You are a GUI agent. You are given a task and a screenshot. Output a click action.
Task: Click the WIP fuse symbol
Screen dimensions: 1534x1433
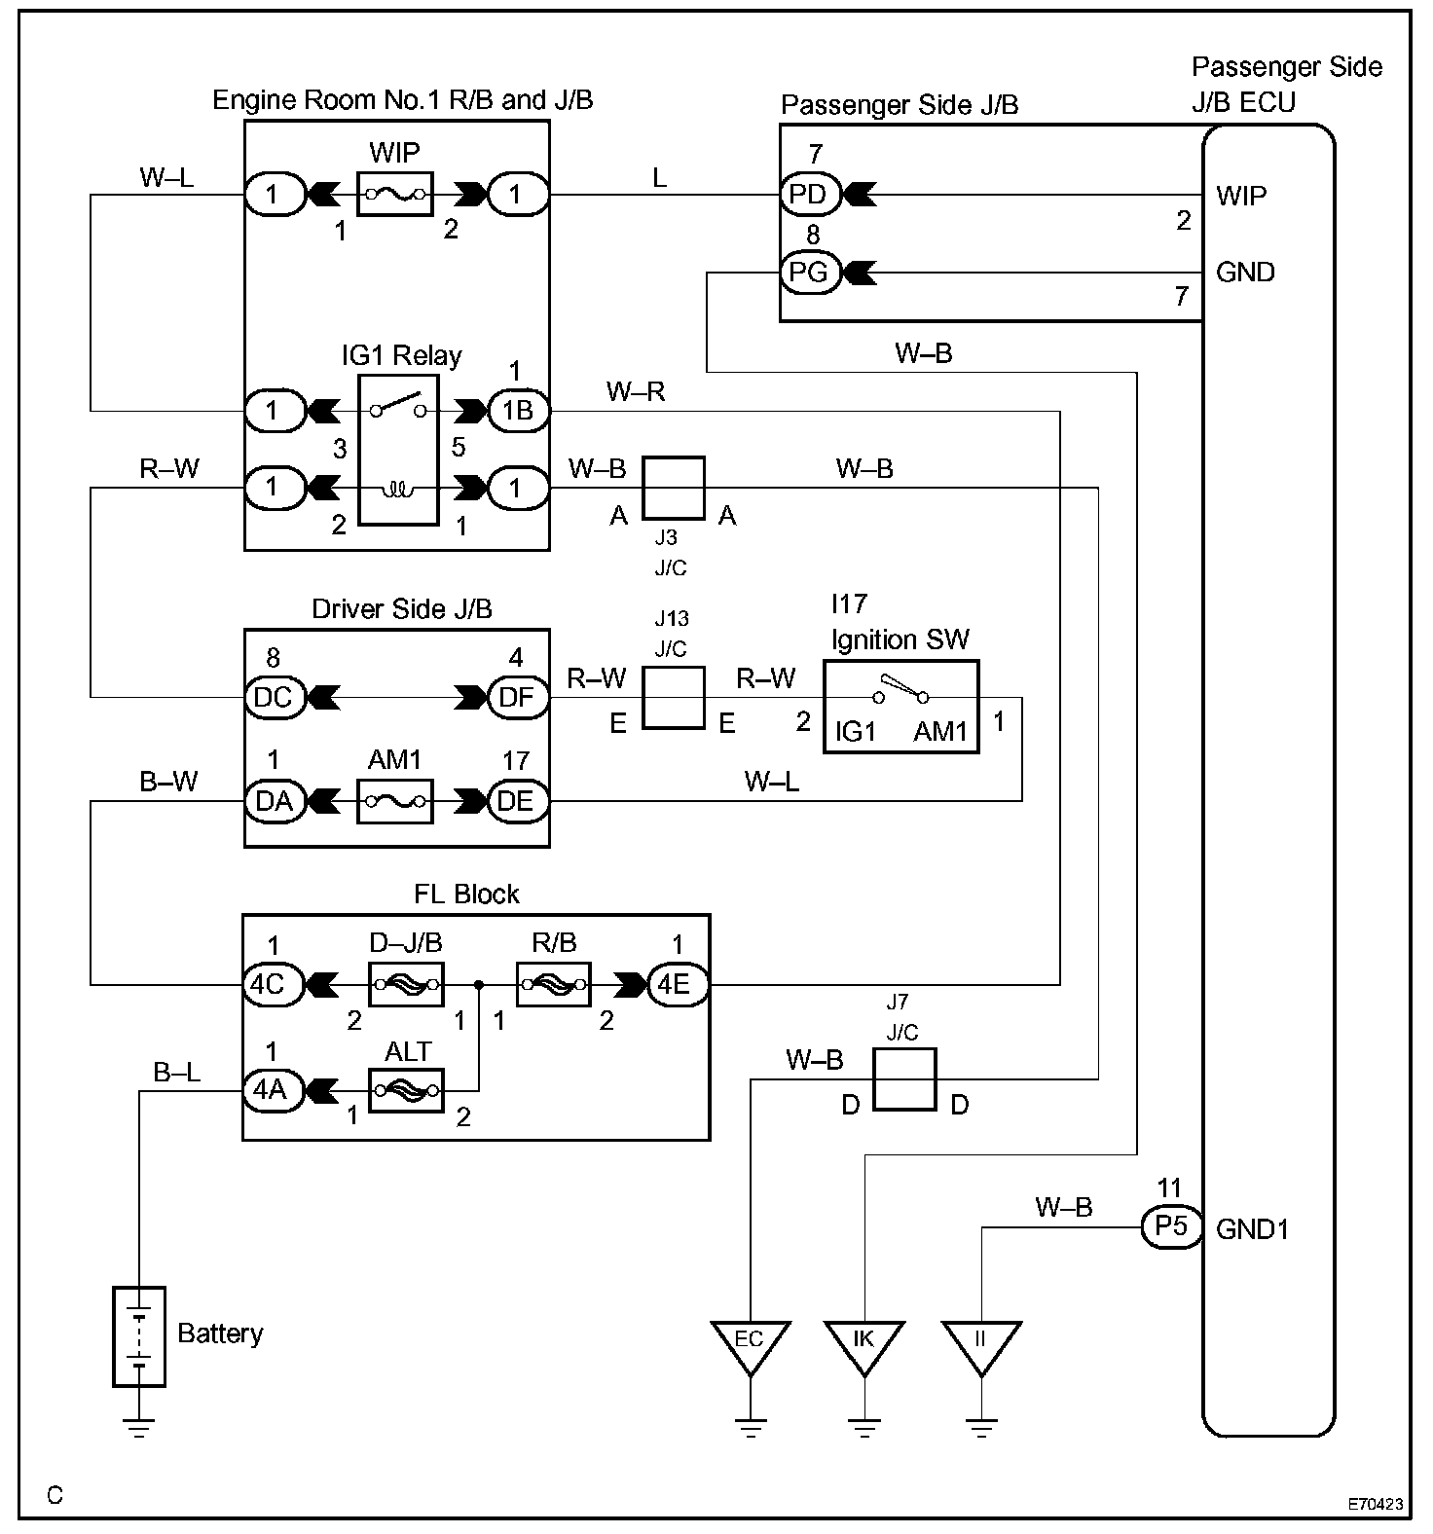tap(395, 195)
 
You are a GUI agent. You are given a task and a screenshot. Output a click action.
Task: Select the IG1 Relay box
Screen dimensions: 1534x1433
tap(399, 447)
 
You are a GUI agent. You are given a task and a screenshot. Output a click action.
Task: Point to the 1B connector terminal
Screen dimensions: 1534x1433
tap(517, 411)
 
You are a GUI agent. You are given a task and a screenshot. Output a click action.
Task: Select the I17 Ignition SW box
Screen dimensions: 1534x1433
tap(900, 707)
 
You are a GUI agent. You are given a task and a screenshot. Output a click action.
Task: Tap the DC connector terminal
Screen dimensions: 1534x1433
tap(274, 697)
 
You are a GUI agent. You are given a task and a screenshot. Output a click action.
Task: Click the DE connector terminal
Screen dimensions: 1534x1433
tap(517, 801)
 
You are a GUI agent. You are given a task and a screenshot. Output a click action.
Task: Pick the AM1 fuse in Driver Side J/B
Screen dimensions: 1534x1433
tap(395, 801)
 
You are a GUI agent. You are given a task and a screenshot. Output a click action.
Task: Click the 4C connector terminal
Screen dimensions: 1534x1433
tap(268, 984)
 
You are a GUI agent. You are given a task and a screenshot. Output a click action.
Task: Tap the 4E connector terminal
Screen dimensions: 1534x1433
tap(675, 984)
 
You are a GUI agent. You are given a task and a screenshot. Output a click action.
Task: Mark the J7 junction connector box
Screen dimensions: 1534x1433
tap(903, 1078)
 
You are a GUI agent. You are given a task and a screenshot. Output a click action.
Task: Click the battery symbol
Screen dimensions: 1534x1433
tap(139, 1335)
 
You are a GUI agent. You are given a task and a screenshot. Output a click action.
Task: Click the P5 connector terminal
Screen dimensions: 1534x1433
tap(1171, 1227)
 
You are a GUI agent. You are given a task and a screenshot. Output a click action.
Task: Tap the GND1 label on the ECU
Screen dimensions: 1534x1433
tap(1252, 1229)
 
